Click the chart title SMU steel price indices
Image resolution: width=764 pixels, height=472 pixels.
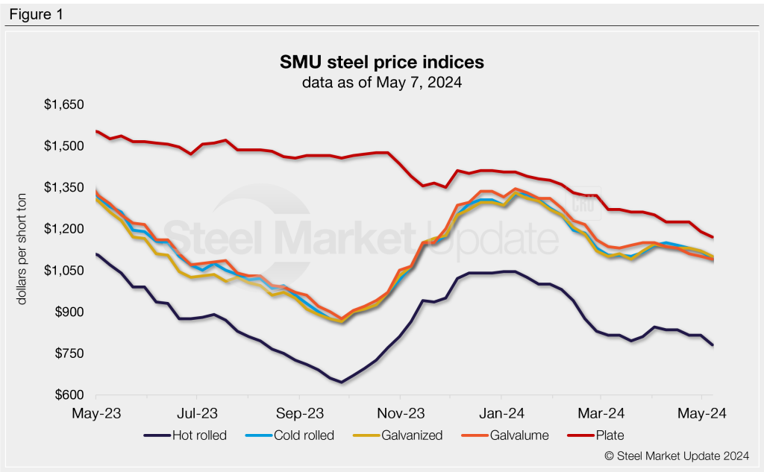(381, 60)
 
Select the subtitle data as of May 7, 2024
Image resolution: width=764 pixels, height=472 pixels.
(381, 82)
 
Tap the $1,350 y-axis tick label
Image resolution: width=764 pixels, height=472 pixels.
(63, 187)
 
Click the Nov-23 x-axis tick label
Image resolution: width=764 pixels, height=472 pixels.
(400, 412)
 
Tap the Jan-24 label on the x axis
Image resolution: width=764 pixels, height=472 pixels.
(501, 412)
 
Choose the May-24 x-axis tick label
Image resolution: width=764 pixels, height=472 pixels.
(703, 412)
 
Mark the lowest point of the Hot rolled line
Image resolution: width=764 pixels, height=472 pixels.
(342, 383)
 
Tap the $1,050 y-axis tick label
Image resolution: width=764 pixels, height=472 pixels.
(63, 270)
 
